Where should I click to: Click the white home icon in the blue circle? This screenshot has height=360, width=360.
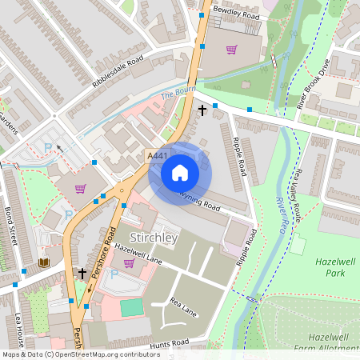coord(180,173)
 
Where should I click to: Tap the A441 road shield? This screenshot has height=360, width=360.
coord(157,155)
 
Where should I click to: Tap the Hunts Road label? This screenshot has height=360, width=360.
coord(169,342)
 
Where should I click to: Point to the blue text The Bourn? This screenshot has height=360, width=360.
coord(178,94)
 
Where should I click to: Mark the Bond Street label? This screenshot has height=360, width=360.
coord(11,230)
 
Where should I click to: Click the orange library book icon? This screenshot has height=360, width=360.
coord(43,262)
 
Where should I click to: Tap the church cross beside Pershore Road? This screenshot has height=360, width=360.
coord(82,274)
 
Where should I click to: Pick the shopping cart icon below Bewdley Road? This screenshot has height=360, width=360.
coord(231,50)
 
